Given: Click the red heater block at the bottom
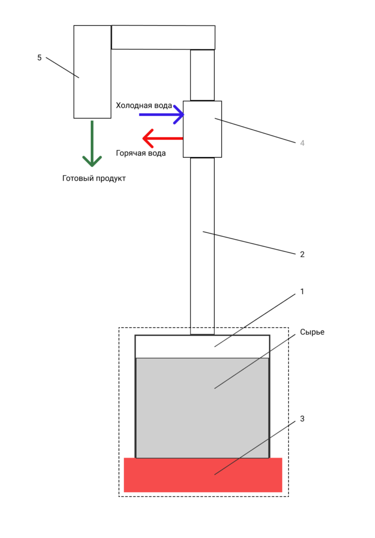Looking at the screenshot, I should tap(203, 475).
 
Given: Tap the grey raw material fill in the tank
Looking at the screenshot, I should tap(202, 408).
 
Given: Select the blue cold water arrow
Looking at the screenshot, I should tap(161, 115).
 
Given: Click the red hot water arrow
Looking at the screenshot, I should tap(163, 139).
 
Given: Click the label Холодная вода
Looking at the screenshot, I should tap(143, 106).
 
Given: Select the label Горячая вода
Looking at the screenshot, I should tap(141, 153).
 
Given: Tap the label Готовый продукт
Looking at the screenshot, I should tap(94, 178).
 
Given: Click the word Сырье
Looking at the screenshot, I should tap(312, 332).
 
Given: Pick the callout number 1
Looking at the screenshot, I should tap(302, 291).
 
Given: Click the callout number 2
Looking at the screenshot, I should tap(302, 254).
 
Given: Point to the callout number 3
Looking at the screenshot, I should tap(302, 419).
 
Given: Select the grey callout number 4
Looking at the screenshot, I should tap(302, 143).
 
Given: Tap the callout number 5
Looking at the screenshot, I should tap(39, 57).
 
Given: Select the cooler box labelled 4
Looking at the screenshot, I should tap(202, 129).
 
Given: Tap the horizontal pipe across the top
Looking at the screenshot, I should tap(163, 37).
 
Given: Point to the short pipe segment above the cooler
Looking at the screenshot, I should tap(202, 75).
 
